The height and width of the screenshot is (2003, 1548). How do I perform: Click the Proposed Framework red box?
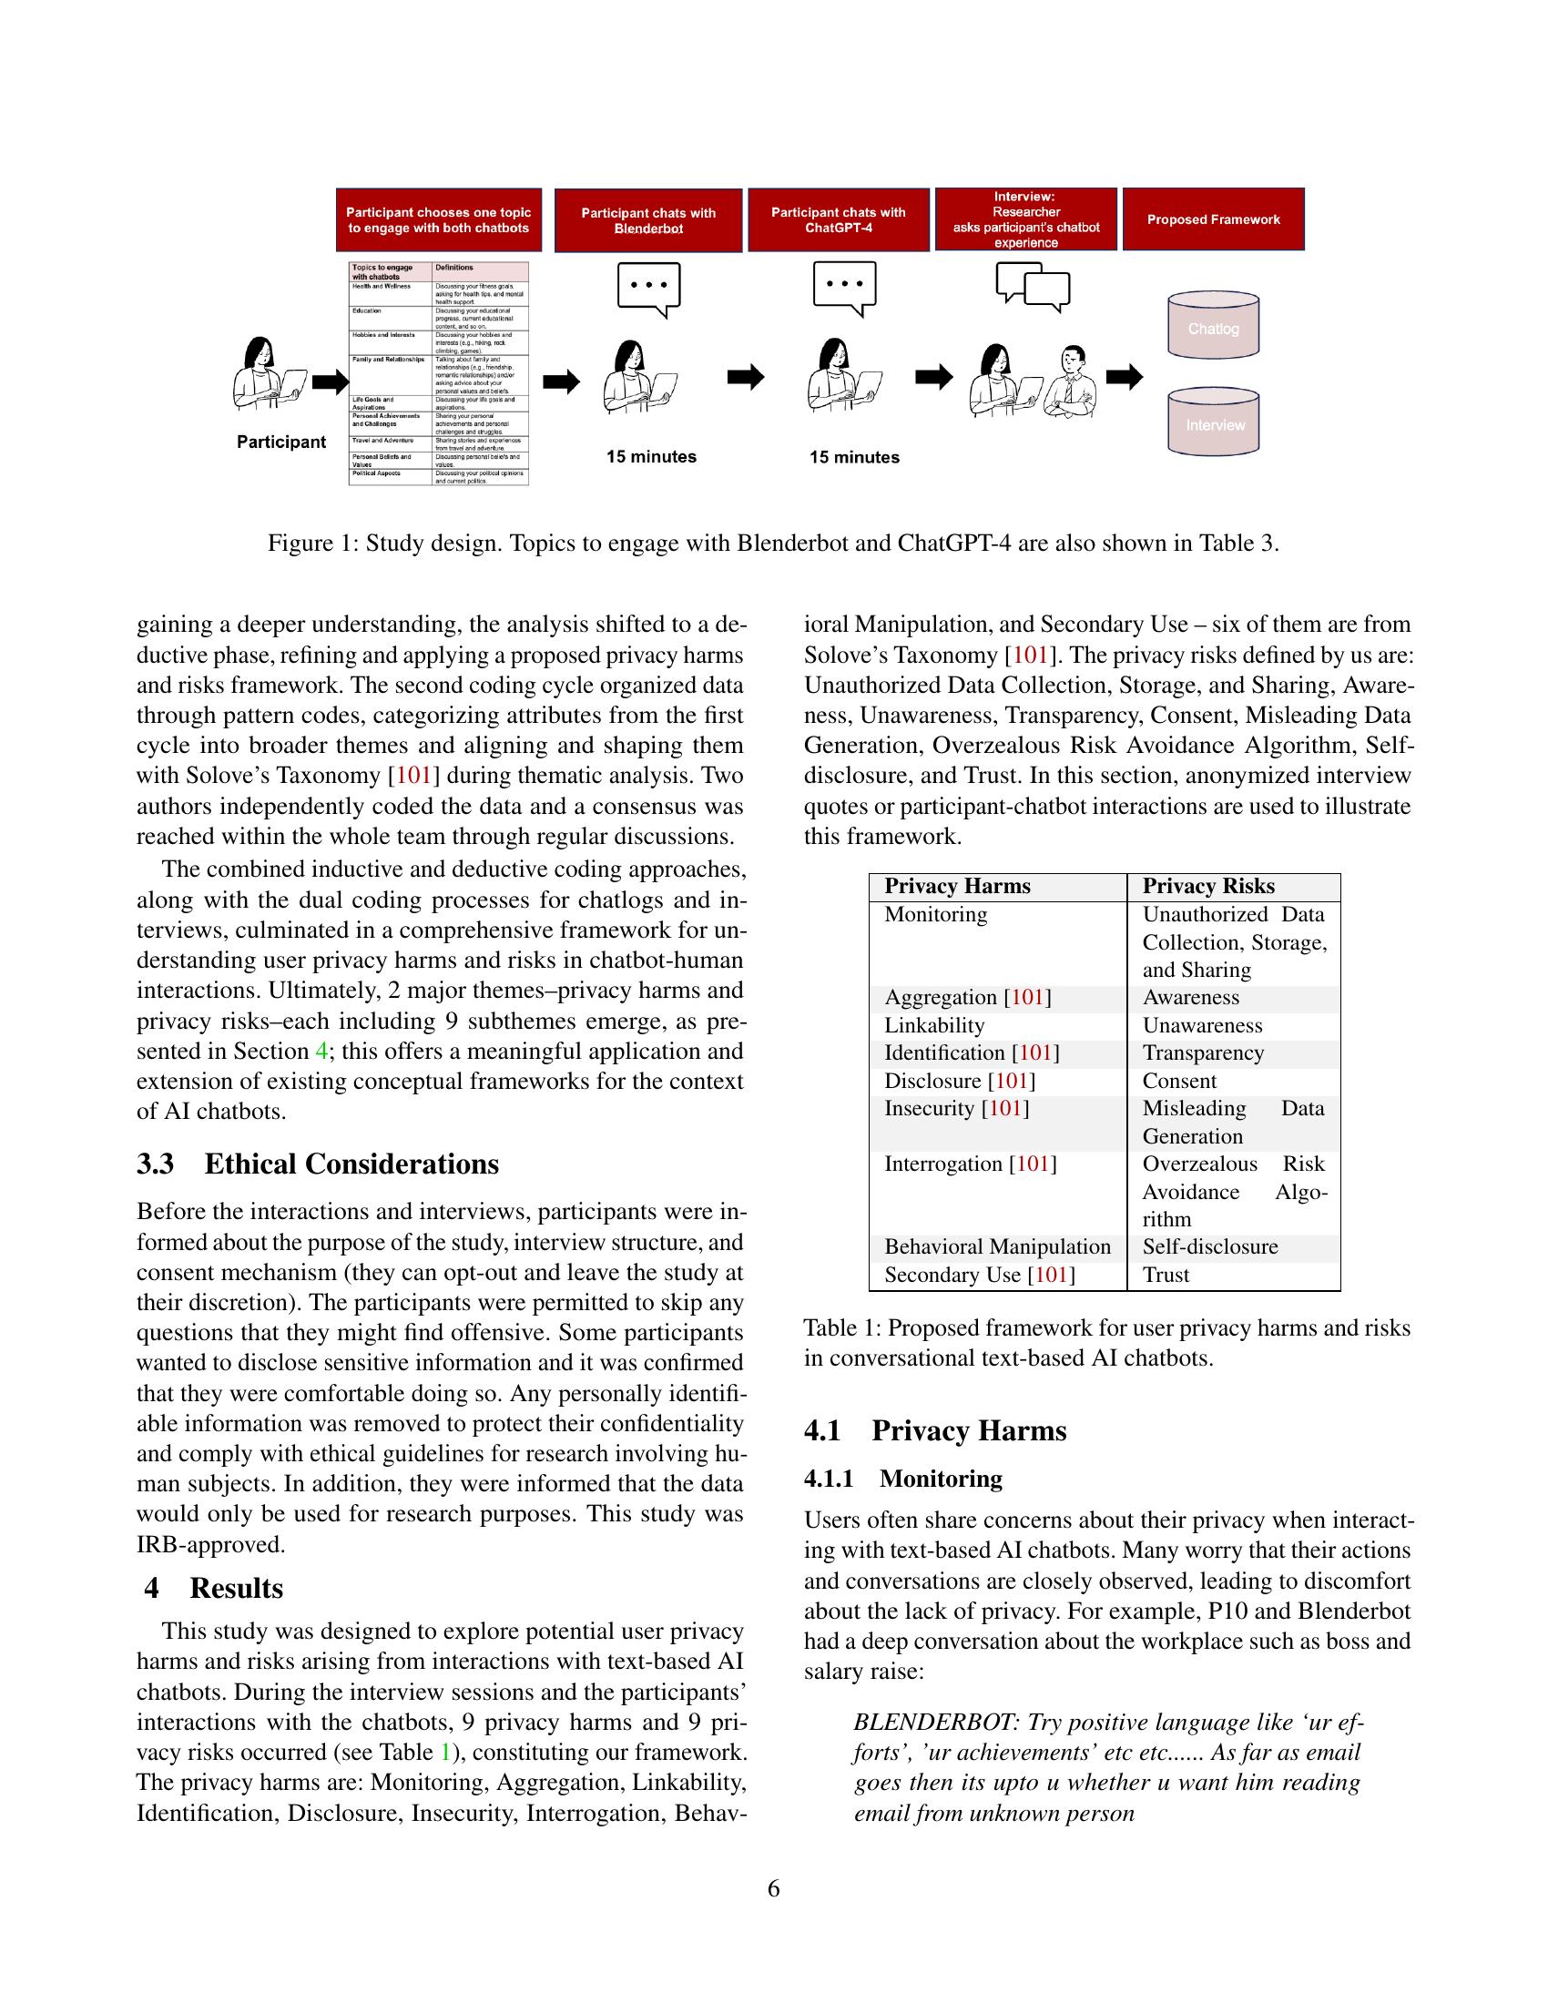1212,219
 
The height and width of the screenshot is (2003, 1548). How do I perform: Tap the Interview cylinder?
1212,423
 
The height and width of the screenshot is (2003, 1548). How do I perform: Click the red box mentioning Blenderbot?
647,220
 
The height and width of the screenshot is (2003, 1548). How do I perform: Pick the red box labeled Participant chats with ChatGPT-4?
837,219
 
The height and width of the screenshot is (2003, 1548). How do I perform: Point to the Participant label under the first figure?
280,442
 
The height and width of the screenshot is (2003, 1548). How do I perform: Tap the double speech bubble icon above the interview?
1033,286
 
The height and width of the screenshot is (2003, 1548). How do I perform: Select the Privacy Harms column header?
956,886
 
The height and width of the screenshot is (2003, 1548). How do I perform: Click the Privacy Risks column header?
1207,886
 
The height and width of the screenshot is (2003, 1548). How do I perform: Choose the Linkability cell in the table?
933,1025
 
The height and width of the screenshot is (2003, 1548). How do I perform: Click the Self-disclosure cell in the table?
1209,1246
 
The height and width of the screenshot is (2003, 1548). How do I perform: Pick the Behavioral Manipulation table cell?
997,1246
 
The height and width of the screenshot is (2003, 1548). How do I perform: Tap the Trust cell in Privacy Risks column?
1166,1275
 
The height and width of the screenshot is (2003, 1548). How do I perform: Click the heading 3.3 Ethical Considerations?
317,1164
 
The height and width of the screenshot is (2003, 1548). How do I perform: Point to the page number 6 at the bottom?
773,1888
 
